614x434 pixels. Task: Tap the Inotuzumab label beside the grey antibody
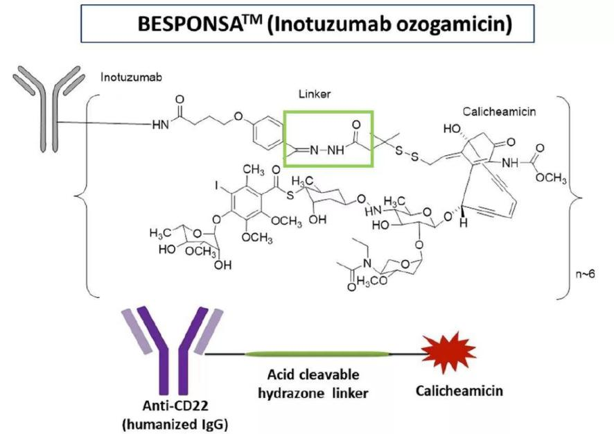click(x=131, y=77)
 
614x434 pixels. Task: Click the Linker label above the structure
click(x=315, y=94)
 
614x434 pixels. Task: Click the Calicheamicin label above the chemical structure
click(x=499, y=112)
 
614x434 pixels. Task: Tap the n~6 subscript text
click(x=585, y=273)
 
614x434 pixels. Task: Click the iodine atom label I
click(x=216, y=185)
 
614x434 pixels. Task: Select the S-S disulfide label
click(x=407, y=153)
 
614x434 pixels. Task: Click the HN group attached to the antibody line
click(x=161, y=125)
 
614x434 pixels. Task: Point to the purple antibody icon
click(x=173, y=350)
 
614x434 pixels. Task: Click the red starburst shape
click(x=448, y=348)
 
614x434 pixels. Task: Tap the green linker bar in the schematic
click(x=317, y=354)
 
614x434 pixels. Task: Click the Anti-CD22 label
click(x=175, y=406)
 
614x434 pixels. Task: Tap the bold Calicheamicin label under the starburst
click(x=459, y=391)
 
